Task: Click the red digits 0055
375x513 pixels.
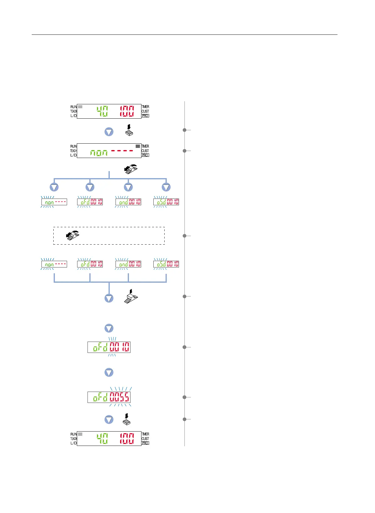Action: click(x=120, y=397)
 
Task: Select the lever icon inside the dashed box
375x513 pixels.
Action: click(x=73, y=236)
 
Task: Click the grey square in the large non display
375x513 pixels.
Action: click(x=138, y=146)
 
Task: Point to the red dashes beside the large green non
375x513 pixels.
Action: click(x=122, y=151)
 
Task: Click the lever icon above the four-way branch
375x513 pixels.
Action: click(x=131, y=169)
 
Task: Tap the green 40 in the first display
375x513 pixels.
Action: click(x=102, y=111)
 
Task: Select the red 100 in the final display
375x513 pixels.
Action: click(x=127, y=439)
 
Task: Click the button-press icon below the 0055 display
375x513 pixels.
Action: click(x=127, y=420)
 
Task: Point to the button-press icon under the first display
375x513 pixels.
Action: click(x=129, y=130)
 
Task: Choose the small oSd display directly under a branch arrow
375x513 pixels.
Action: click(x=166, y=202)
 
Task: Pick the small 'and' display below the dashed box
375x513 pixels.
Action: click(x=128, y=264)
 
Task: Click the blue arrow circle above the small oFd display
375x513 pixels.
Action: click(x=90, y=187)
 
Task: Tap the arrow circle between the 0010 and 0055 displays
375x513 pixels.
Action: click(x=109, y=372)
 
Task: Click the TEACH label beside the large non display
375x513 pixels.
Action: click(x=73, y=151)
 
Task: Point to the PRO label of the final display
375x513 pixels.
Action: click(x=145, y=443)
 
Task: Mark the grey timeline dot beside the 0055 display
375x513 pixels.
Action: click(x=184, y=397)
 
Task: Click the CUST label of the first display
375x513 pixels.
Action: click(x=145, y=111)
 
